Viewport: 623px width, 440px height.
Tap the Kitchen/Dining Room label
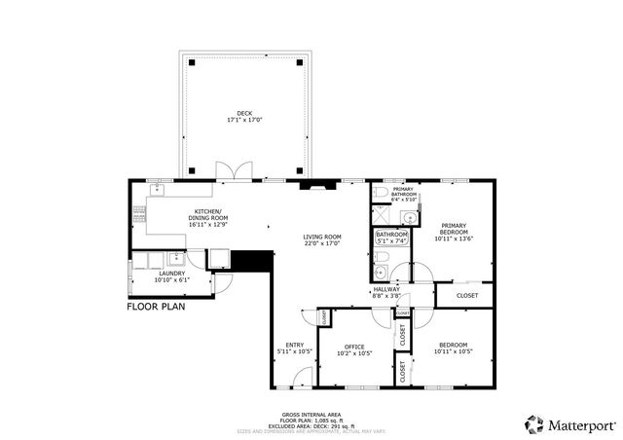(x=207, y=216)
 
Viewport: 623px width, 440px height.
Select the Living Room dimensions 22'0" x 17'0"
(x=321, y=244)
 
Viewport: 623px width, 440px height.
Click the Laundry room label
(x=171, y=275)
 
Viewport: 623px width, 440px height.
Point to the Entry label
(x=294, y=346)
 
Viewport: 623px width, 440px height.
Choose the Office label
(x=354, y=346)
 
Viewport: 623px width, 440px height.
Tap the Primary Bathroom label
(x=404, y=192)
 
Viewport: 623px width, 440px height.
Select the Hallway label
(x=386, y=289)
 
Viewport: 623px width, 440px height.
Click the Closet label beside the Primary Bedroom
(x=467, y=294)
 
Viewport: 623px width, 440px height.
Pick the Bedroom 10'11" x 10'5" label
(x=453, y=346)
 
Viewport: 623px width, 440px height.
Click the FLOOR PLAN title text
(x=156, y=306)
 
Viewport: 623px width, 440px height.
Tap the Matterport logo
(x=569, y=424)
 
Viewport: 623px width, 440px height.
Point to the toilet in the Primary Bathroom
(x=379, y=192)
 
